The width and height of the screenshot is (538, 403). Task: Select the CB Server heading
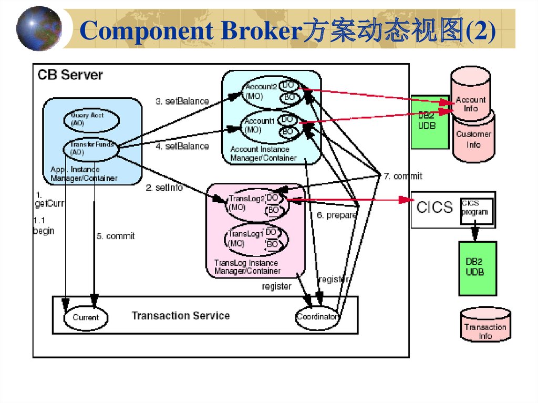[x=70, y=75]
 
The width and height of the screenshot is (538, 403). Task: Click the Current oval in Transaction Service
[x=86, y=317]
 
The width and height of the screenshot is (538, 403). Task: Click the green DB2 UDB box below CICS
[x=477, y=268]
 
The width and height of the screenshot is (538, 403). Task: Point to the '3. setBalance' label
[x=182, y=101]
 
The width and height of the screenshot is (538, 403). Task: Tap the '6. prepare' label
[x=336, y=215]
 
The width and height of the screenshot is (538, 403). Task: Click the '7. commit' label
[x=402, y=176]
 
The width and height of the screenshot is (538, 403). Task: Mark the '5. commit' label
[x=116, y=236]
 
